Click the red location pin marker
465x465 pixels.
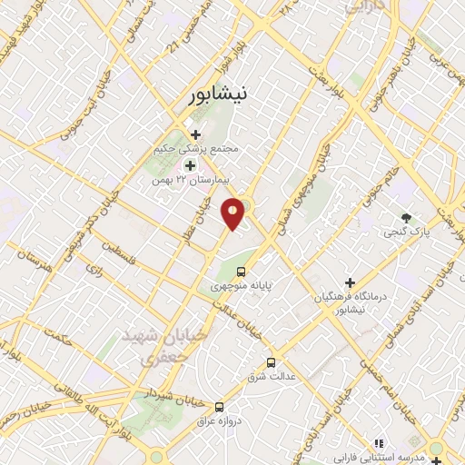click(x=233, y=214)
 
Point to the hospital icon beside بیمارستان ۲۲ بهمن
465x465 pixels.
click(x=191, y=165)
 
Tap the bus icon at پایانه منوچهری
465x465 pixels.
click(x=242, y=271)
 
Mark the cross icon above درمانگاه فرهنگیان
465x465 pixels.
click(x=351, y=282)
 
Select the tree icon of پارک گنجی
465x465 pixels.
click(x=406, y=218)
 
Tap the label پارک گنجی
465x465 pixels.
click(x=409, y=233)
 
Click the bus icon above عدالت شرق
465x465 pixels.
click(x=271, y=363)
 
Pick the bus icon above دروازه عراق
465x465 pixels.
click(x=219, y=406)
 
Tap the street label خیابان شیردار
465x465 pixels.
click(x=168, y=398)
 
